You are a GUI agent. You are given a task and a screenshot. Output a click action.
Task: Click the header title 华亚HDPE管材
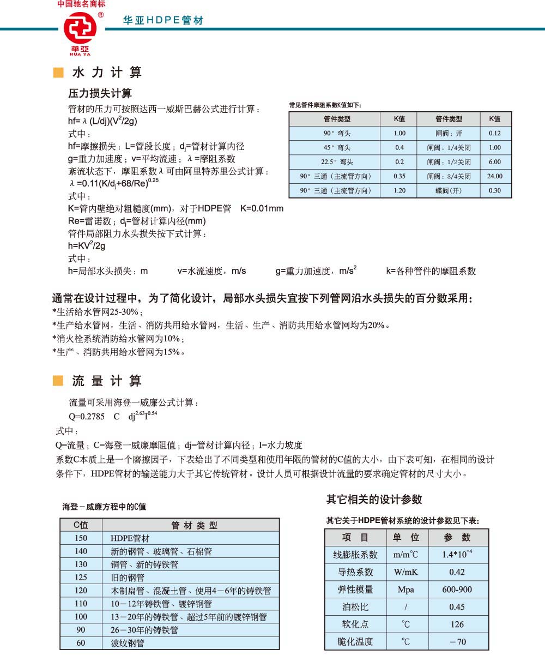163,21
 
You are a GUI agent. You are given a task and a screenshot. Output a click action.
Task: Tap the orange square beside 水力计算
58,73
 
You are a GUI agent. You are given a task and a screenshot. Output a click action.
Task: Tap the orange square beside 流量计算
58,381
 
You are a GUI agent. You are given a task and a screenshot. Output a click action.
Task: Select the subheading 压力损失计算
100,93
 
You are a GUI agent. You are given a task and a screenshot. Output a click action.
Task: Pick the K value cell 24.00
495,176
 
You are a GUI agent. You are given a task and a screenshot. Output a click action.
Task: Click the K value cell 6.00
495,162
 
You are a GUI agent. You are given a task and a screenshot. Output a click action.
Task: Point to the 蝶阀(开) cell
449,190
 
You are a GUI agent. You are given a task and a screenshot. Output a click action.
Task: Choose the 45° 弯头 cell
337,148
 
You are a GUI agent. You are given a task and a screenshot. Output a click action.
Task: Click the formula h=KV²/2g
87,246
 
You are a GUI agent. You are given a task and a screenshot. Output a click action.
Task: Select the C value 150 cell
81,538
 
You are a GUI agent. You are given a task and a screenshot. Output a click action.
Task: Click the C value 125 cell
81,578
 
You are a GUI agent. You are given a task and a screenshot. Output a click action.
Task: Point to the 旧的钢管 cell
128,578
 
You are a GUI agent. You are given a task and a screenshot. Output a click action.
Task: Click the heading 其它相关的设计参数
374,500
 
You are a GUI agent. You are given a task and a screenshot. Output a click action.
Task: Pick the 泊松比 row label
355,606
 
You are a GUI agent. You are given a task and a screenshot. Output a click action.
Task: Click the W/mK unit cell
405,572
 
